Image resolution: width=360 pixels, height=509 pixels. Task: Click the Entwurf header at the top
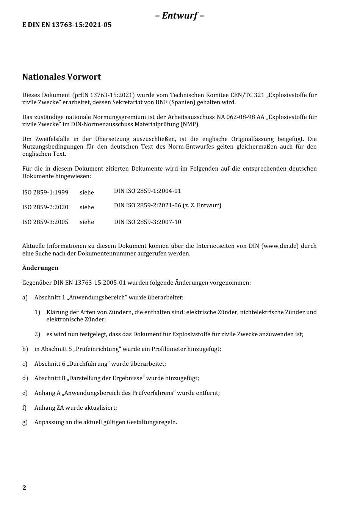click(180, 16)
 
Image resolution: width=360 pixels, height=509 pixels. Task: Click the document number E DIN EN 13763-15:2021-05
click(67, 25)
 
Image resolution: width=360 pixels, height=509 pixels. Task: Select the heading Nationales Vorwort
click(61, 77)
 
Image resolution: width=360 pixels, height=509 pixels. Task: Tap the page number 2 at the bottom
click(24, 488)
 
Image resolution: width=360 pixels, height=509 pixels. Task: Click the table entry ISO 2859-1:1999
click(45, 193)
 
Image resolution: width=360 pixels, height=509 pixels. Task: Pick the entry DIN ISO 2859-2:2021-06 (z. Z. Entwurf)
click(167, 205)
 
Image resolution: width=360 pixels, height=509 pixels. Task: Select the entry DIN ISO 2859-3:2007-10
click(147, 222)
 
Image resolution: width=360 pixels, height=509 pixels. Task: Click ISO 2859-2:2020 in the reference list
click(45, 207)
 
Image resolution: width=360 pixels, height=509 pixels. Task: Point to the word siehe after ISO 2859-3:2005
click(87, 222)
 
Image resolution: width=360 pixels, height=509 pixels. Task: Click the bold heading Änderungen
click(40, 268)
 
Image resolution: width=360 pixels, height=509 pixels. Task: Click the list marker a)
click(25, 298)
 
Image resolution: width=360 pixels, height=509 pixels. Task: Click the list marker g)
click(25, 422)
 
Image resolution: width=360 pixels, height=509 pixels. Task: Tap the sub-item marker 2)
click(37, 334)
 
